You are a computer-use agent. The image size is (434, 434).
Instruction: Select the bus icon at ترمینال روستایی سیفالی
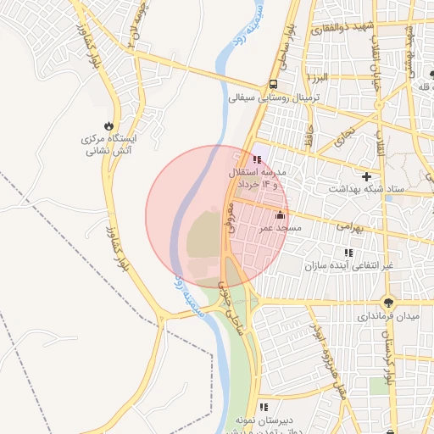coord(273,84)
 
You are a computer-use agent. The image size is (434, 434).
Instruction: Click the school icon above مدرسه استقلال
coord(257,159)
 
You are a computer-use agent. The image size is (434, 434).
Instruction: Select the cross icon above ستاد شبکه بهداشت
coord(366,177)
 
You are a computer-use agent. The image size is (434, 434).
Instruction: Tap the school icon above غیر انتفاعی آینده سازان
coord(348,253)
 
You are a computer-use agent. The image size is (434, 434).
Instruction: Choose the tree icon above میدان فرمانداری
coord(388,302)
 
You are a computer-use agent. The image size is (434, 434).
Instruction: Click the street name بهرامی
coord(348,226)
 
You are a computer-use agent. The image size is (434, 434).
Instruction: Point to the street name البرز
coord(318,78)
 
